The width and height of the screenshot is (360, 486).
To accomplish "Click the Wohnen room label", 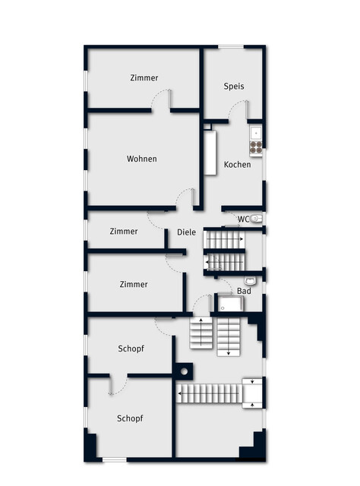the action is [x=142, y=159].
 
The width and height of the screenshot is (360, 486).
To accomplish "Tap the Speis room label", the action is [x=234, y=86].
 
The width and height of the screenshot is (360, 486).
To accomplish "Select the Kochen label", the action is [x=237, y=164].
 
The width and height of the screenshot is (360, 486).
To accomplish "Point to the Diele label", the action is [x=186, y=232].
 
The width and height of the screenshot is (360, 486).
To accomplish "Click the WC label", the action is [x=243, y=219].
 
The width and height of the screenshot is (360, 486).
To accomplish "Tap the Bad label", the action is [x=244, y=291].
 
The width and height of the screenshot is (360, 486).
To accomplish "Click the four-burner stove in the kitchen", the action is [x=256, y=147].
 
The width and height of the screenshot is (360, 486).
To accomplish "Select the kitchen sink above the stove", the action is [x=256, y=134].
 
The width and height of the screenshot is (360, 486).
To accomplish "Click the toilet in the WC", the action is [x=256, y=219].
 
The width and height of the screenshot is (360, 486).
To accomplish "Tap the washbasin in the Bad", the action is [x=250, y=281].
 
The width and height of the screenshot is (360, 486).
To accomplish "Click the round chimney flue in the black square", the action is [x=185, y=371].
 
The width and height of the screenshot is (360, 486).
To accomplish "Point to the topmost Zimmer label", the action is [x=144, y=77].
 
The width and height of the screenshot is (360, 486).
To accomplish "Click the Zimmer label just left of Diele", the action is [x=124, y=231].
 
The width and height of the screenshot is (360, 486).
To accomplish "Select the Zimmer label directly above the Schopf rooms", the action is [x=134, y=284].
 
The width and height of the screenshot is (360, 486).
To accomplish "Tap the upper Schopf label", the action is [x=131, y=349].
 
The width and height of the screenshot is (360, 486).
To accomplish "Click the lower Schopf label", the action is [x=130, y=418].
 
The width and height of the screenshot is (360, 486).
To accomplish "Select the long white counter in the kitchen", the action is [x=210, y=153].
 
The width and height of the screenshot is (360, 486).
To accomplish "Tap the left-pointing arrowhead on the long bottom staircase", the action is [x=179, y=393].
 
